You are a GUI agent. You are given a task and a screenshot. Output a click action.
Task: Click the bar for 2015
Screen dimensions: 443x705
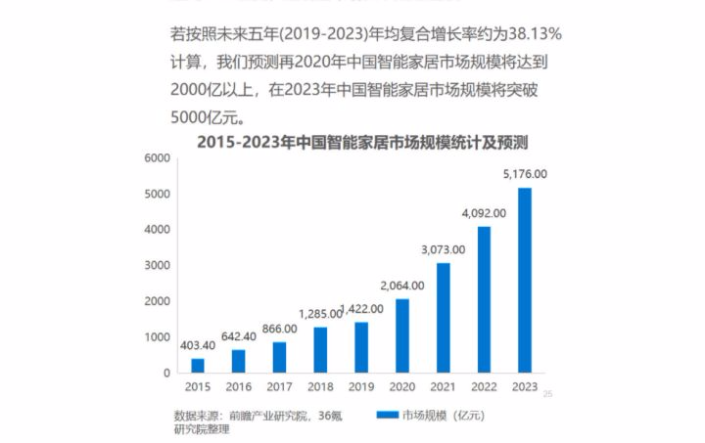coord(198,366)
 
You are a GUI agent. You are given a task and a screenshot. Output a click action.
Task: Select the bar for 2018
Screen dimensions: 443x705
coord(320,349)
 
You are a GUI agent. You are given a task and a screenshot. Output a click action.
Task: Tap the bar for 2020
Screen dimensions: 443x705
coord(402,335)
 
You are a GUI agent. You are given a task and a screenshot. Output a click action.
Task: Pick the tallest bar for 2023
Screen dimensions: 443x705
coord(525,280)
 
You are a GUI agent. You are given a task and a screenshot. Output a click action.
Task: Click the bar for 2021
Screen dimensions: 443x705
coord(444,318)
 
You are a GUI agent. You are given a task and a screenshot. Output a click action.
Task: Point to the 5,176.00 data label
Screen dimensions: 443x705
coord(525,174)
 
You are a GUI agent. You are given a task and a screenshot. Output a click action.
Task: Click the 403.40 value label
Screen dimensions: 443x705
coord(198,345)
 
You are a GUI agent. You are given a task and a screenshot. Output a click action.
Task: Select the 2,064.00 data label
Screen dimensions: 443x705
coord(402,286)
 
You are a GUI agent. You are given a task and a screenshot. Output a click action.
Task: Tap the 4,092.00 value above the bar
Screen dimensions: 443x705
coord(484,213)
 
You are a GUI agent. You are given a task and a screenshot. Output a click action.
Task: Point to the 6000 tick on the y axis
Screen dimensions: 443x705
coord(157,157)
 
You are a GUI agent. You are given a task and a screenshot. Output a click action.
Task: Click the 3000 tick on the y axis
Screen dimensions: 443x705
coord(157,265)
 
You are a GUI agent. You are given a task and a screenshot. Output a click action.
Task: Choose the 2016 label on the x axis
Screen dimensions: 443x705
coord(239,388)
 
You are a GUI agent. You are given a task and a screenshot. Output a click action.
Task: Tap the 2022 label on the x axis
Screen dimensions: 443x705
coord(484,388)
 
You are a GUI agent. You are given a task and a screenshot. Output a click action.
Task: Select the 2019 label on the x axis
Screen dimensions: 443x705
coord(361,388)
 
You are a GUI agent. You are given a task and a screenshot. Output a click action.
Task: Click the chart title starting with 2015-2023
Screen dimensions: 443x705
coord(362,141)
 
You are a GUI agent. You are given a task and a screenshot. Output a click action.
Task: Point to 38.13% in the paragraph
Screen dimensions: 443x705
coord(530,35)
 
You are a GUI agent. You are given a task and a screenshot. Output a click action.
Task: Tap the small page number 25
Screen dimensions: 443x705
coord(548,394)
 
